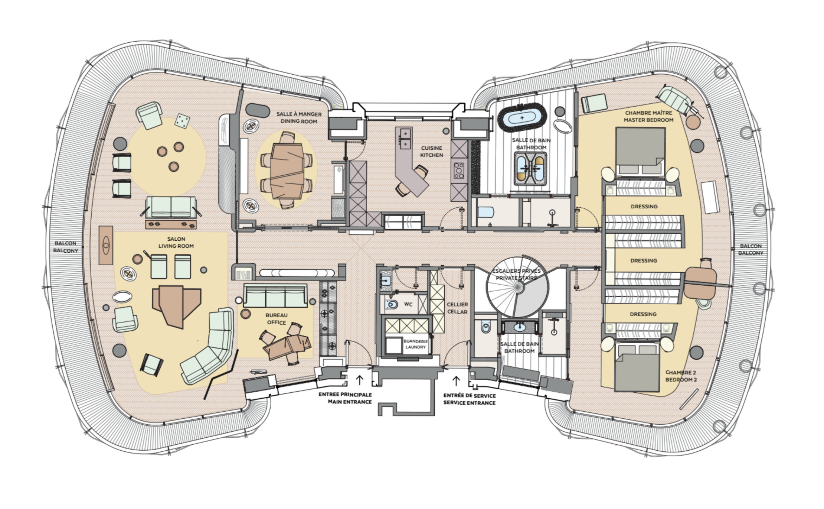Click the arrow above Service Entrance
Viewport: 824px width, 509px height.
[x=456, y=381]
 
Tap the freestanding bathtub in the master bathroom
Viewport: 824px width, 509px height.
[x=522, y=117]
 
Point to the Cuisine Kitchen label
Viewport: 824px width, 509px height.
[x=431, y=152]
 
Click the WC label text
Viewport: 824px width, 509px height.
[x=408, y=304]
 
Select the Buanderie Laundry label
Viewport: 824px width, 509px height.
[x=415, y=344]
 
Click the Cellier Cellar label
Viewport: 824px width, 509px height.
[x=457, y=308]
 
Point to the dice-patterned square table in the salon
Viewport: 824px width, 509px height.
[x=182, y=121]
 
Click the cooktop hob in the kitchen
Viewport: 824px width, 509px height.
[x=459, y=171]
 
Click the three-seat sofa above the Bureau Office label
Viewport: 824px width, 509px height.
[x=275, y=296]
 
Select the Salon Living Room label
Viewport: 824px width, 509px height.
[x=176, y=242]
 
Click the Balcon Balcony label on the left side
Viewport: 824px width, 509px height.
[x=66, y=247]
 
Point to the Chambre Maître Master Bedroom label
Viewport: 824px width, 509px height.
[x=648, y=116]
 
